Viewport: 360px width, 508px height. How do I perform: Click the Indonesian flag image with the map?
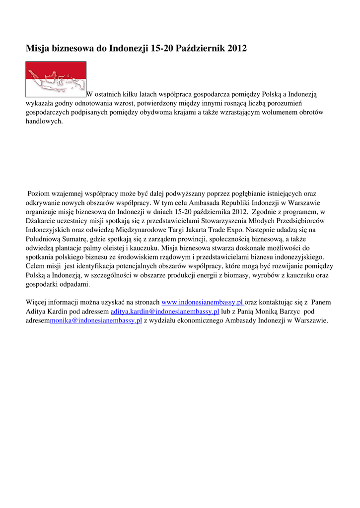click(56, 79)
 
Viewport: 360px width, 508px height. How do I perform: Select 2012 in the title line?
click(236, 49)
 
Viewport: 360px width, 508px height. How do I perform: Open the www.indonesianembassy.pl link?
click(203, 302)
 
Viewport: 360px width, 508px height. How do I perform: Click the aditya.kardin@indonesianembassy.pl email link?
click(164, 311)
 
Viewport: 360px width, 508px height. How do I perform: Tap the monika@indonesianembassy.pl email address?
click(96, 320)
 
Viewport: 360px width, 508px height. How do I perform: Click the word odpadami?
click(74, 284)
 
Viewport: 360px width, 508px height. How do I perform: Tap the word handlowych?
click(44, 122)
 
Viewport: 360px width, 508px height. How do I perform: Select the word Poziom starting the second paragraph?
click(38, 193)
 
